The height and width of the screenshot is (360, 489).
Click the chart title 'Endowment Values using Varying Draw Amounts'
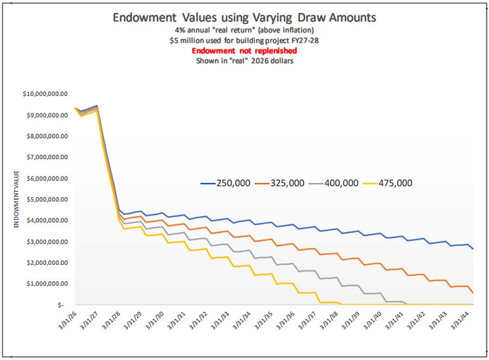[244, 17]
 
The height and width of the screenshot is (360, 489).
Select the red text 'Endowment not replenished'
[244, 50]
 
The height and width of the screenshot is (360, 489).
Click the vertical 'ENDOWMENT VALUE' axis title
[16, 199]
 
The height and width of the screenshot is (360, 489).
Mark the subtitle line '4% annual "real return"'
[244, 31]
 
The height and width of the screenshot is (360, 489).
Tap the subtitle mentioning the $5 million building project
[244, 41]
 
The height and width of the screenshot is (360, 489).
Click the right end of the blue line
[473, 249]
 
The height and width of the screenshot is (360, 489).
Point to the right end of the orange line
[473, 293]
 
